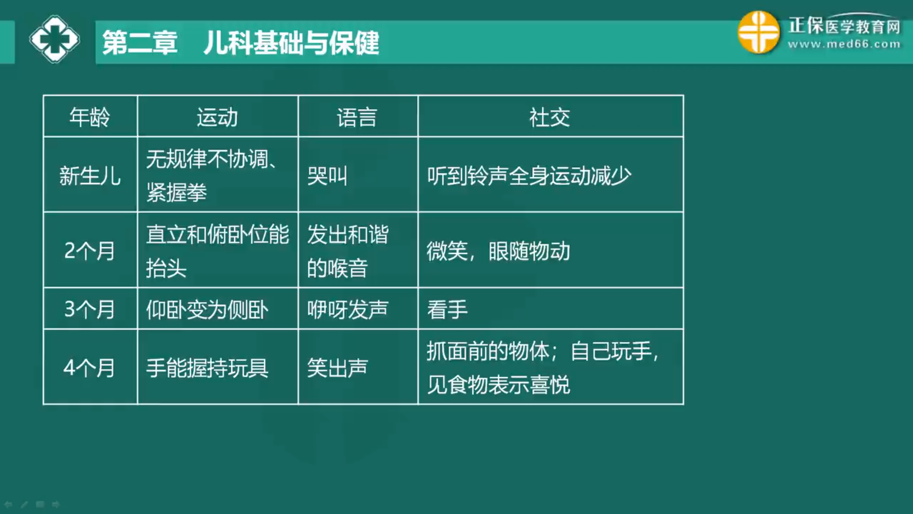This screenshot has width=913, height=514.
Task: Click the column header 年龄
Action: click(89, 117)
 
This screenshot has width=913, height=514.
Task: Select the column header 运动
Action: click(217, 117)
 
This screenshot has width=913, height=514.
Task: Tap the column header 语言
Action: click(357, 117)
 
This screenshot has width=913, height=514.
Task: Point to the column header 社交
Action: click(550, 117)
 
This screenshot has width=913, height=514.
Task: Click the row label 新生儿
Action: click(90, 176)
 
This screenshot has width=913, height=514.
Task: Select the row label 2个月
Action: click(89, 251)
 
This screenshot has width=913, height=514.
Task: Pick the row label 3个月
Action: click(89, 309)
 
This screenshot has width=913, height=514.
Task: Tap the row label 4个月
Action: click(89, 368)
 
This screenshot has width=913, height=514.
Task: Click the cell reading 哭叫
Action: click(327, 176)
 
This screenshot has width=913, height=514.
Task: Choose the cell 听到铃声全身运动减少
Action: click(529, 176)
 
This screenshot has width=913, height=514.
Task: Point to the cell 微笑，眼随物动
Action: click(498, 251)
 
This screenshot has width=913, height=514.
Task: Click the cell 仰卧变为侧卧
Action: click(207, 309)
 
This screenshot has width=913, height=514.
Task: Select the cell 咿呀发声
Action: click(348, 309)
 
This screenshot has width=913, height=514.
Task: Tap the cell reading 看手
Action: click(447, 309)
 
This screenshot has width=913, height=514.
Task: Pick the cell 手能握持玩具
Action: click(207, 368)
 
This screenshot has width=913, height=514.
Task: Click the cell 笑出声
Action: click(338, 368)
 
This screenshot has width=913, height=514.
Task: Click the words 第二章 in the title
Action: click(140, 43)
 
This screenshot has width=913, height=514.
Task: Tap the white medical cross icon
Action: click(54, 39)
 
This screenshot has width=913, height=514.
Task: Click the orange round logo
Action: click(758, 32)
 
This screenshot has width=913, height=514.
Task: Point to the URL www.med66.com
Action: click(844, 44)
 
